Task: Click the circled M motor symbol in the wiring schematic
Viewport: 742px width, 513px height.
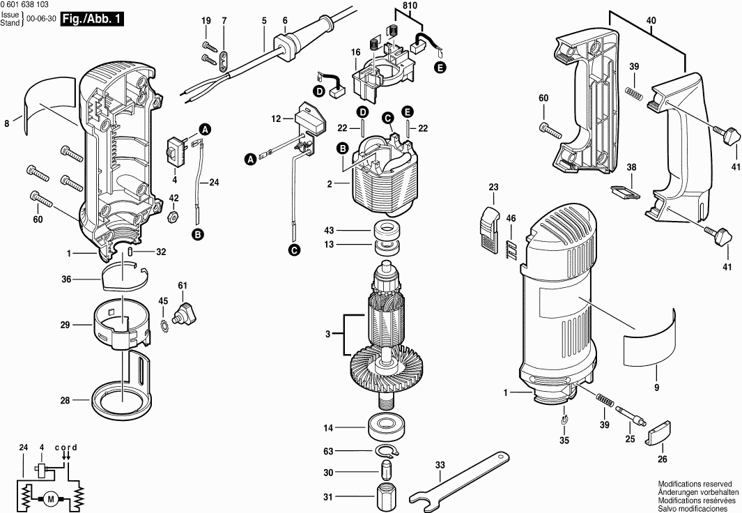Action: (50, 498)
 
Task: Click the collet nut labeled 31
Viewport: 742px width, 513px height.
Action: (385, 497)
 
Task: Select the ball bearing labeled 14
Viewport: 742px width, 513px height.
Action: (385, 427)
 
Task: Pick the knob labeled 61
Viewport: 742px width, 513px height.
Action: (186, 312)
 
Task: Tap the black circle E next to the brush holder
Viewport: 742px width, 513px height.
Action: (440, 68)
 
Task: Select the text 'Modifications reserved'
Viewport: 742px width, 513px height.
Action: (695, 483)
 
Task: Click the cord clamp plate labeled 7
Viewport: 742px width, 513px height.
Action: (224, 61)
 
